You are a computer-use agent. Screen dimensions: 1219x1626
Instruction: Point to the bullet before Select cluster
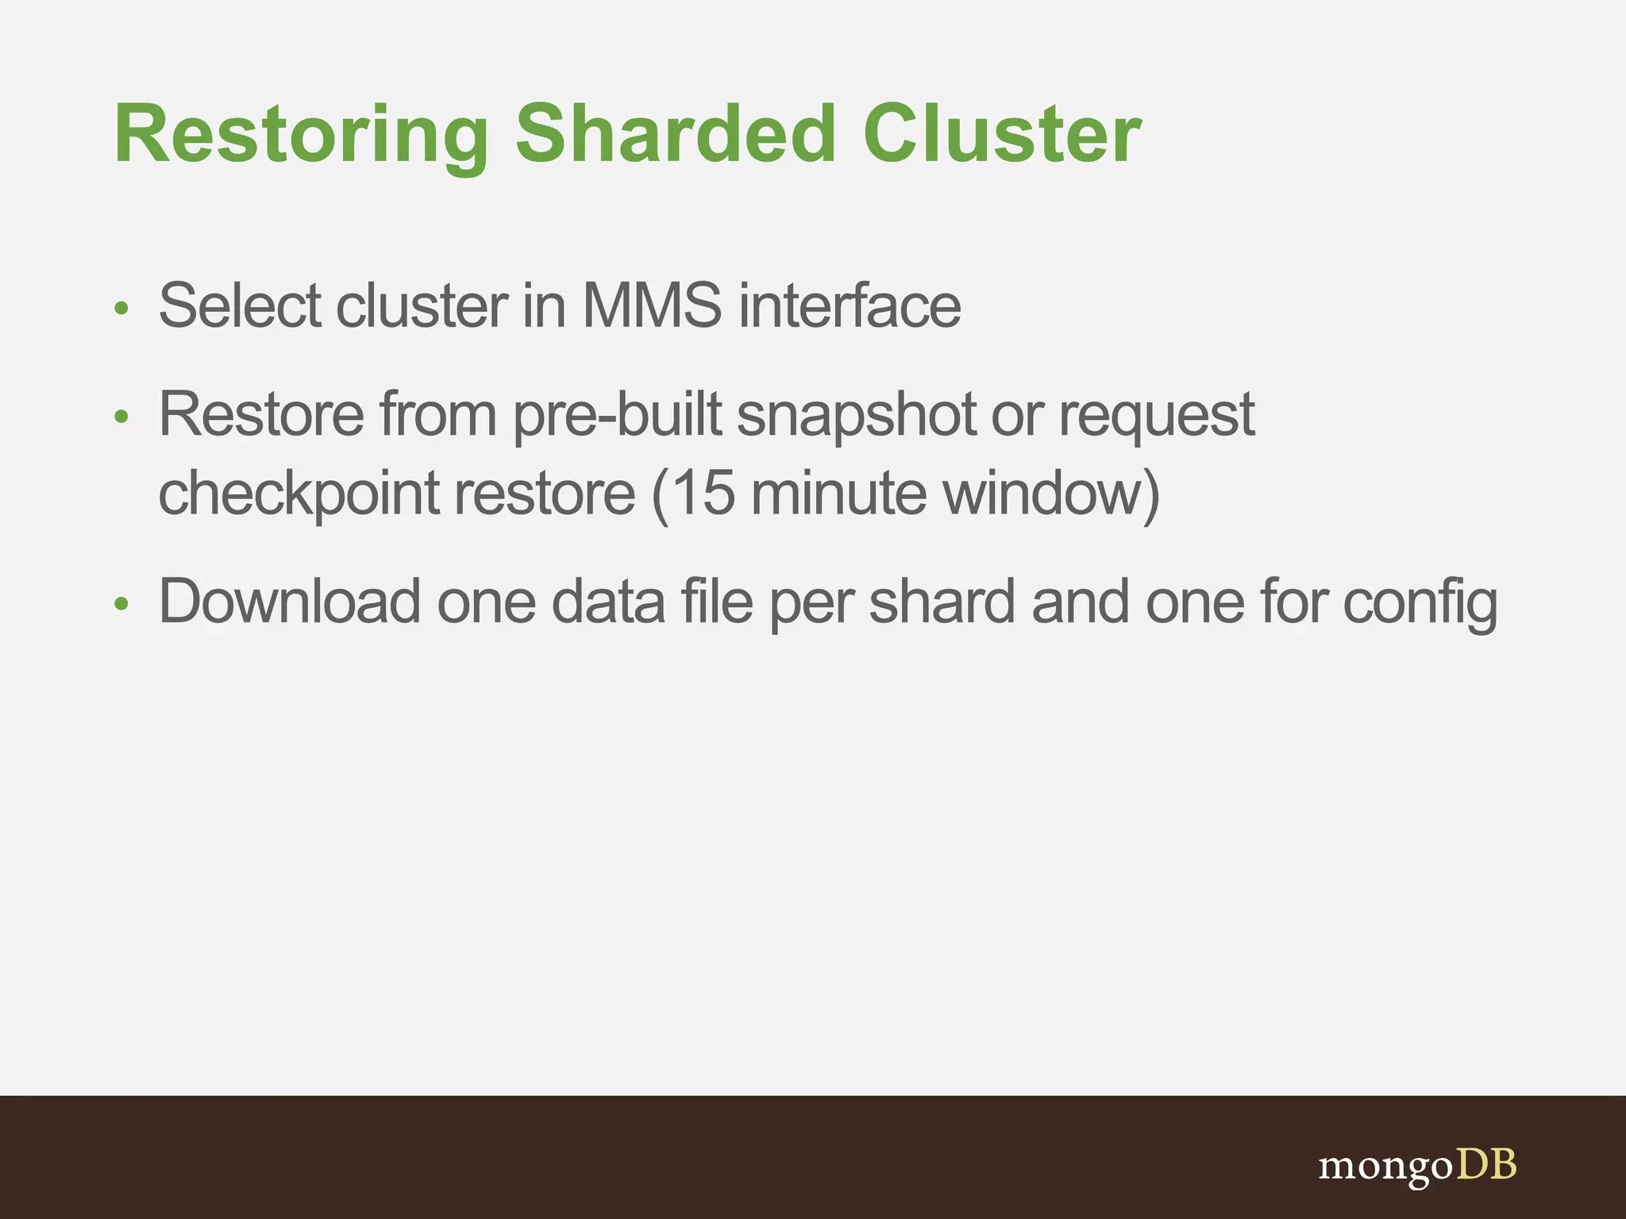(121, 308)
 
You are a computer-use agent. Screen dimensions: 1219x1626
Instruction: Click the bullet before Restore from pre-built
(121, 417)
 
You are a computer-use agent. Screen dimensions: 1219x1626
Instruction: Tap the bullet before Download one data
(121, 605)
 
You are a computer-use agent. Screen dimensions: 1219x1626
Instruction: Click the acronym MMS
(652, 306)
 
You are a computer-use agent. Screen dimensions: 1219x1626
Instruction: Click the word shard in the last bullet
(942, 602)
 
